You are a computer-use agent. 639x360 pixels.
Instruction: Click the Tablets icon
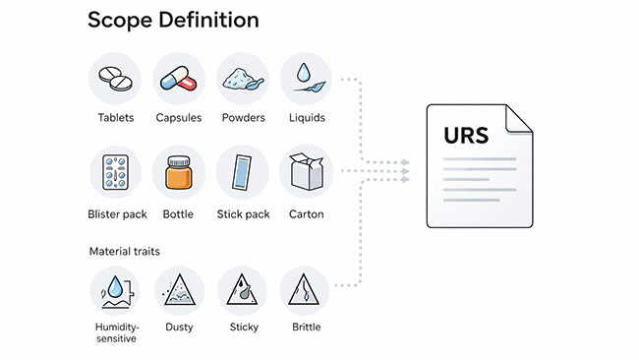(x=116, y=79)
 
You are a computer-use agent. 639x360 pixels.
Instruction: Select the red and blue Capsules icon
(x=179, y=79)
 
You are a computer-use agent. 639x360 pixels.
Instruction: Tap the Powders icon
(x=242, y=79)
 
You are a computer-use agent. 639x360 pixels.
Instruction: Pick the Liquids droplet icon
(x=305, y=79)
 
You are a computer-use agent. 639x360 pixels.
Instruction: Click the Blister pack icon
(x=116, y=173)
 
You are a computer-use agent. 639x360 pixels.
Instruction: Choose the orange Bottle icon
(x=179, y=174)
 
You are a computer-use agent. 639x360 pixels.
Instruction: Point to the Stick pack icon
(x=242, y=173)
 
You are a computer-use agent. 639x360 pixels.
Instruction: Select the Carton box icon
(x=305, y=173)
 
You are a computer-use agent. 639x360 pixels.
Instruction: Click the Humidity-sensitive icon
(x=116, y=291)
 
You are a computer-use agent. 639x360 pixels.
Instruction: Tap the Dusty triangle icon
(x=179, y=291)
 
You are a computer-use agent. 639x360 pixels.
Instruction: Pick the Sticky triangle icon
(x=242, y=291)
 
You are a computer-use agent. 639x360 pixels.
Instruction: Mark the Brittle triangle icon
(x=305, y=291)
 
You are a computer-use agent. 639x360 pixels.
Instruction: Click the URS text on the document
(x=465, y=135)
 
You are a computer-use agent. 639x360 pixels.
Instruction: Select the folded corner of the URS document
(x=518, y=117)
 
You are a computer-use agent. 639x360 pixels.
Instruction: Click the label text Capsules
(x=179, y=118)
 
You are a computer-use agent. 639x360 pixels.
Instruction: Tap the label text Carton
(x=307, y=213)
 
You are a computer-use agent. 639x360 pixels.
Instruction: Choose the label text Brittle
(x=305, y=327)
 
